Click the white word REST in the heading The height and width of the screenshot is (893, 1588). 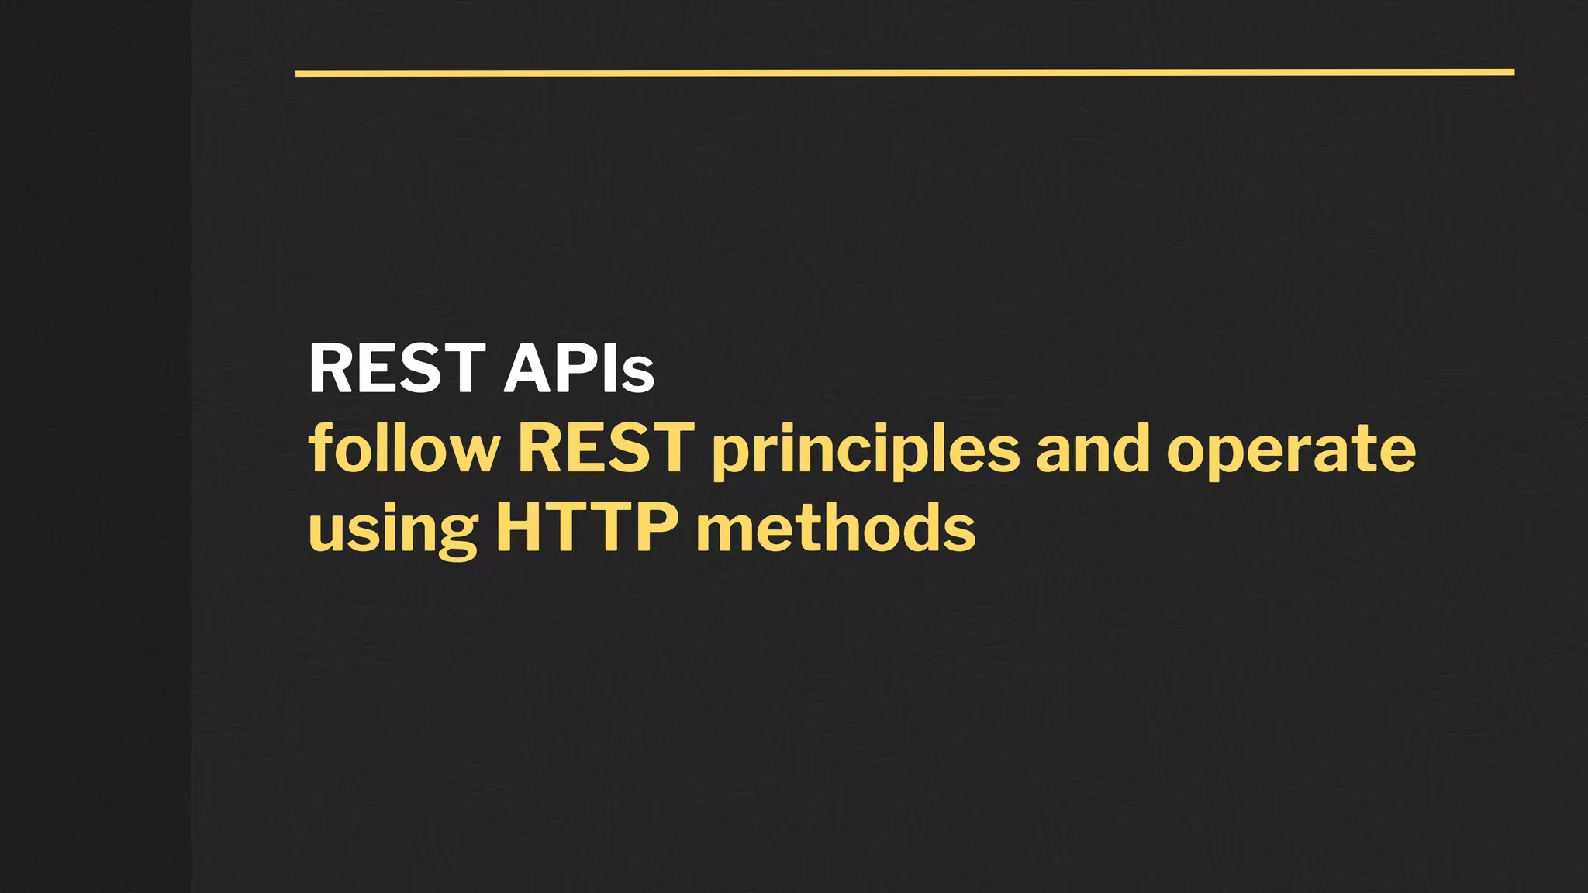pyautogui.click(x=397, y=369)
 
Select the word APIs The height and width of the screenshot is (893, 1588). pyautogui.click(x=579, y=369)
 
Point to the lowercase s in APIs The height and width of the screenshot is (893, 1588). pyautogui.click(x=637, y=374)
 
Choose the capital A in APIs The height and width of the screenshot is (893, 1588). pyautogui.click(x=530, y=369)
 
